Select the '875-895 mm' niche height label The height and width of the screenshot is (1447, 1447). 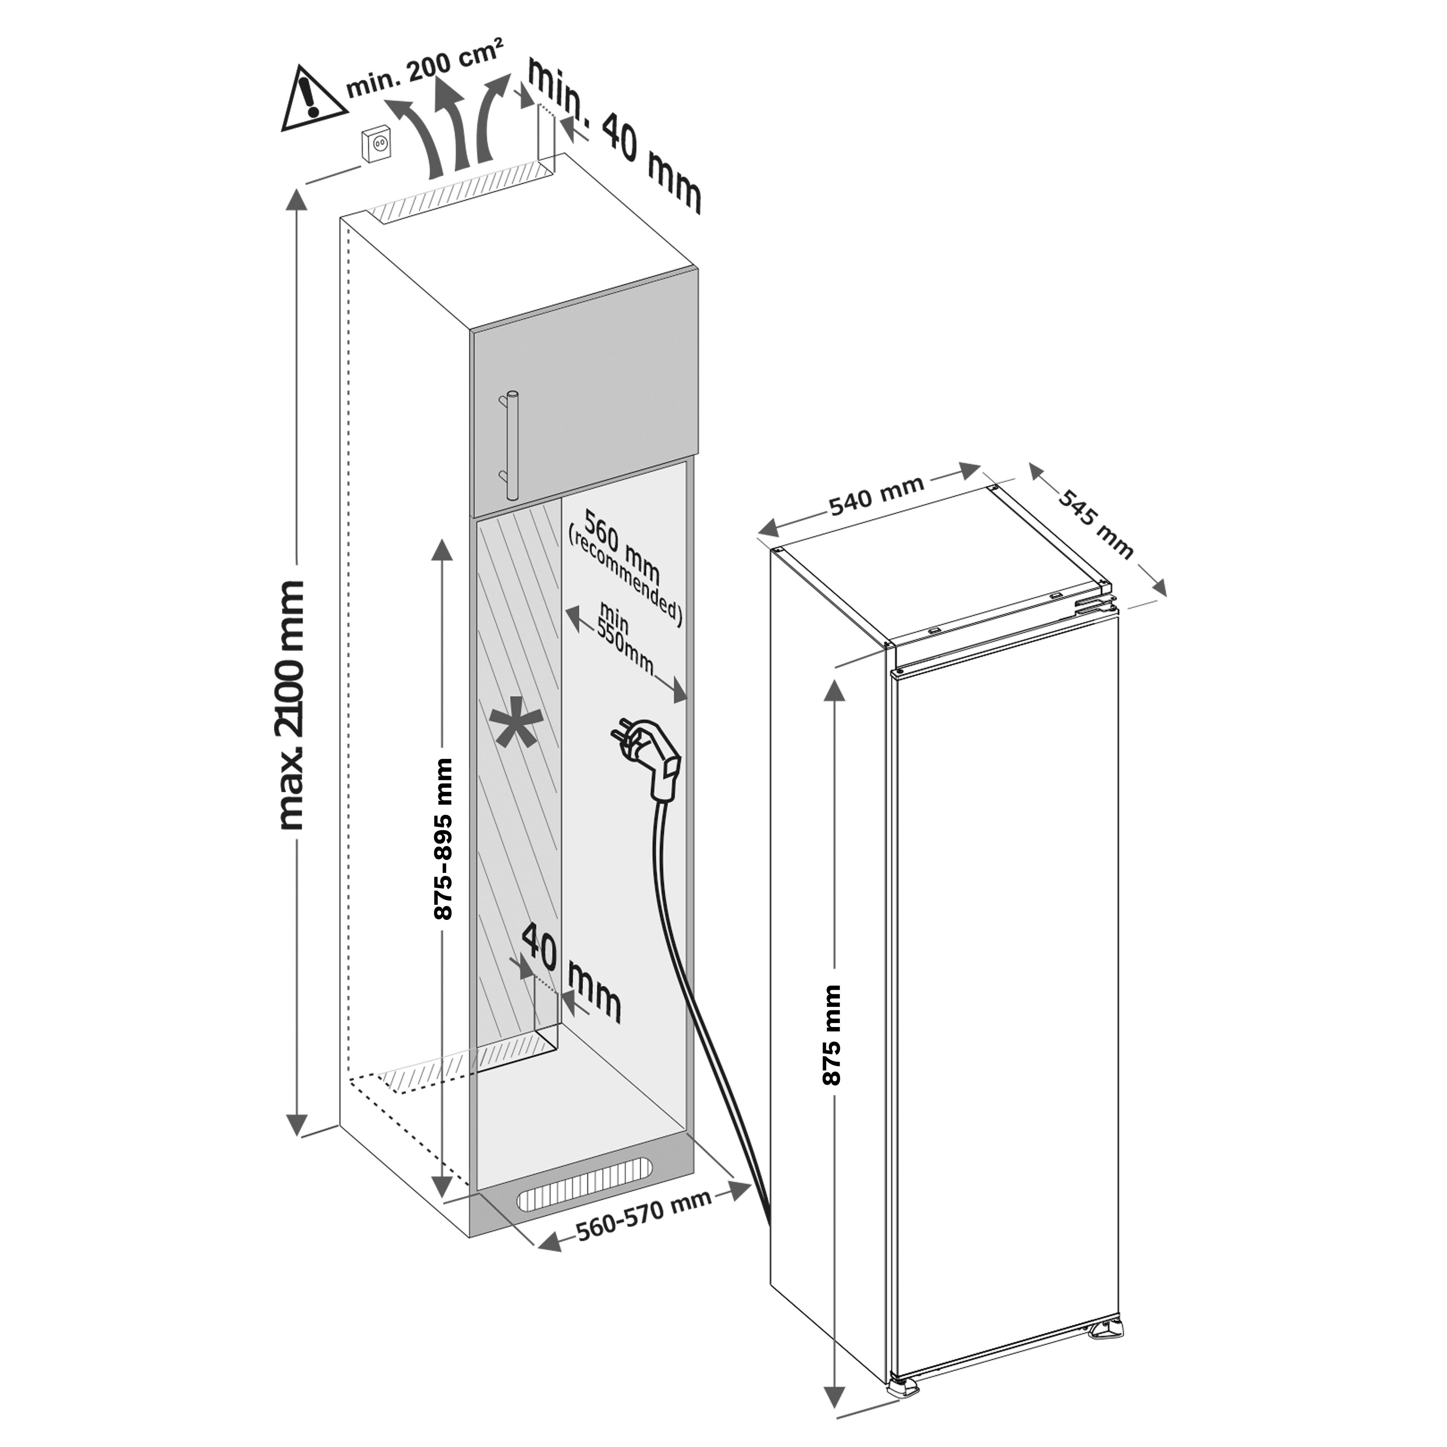pyautogui.click(x=445, y=839)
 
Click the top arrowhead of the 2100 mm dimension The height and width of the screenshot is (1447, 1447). pyautogui.click(x=297, y=202)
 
